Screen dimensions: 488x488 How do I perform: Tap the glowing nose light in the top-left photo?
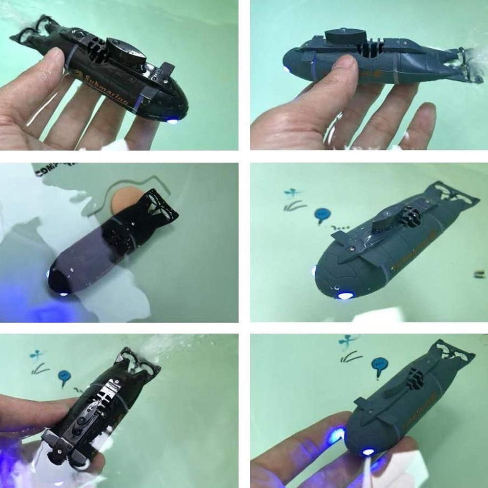pyautogui.click(x=172, y=120)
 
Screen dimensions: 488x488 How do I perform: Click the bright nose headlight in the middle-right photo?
pyautogui.click(x=345, y=295)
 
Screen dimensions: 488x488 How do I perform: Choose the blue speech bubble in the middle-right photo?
pyautogui.click(x=322, y=214)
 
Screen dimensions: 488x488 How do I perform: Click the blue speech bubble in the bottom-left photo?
pyautogui.click(x=64, y=376)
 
